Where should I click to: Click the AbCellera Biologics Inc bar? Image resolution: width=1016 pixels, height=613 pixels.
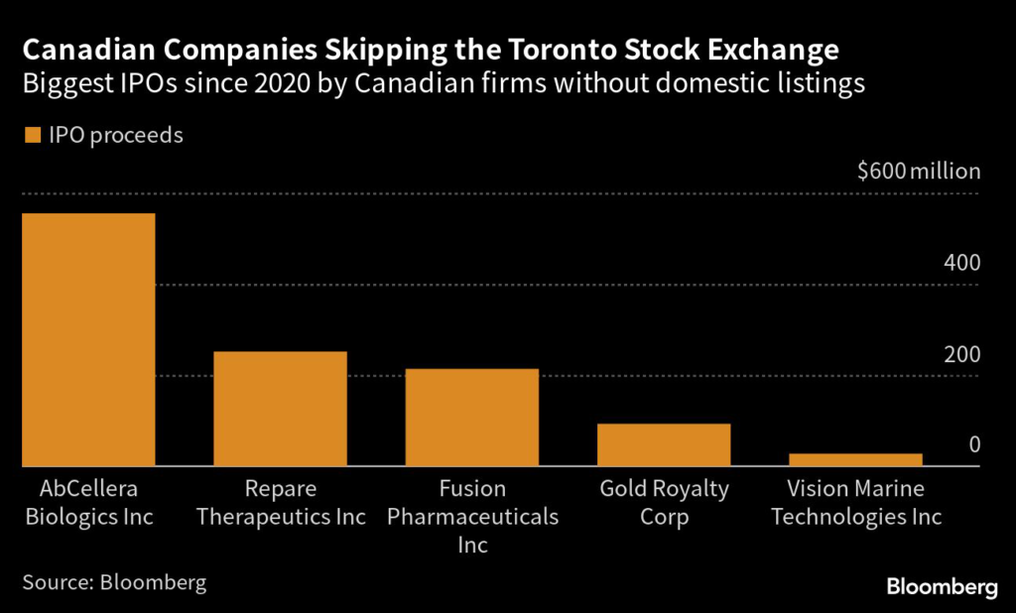point(88,339)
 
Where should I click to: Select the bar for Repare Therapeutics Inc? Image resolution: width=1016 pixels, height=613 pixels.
point(280,409)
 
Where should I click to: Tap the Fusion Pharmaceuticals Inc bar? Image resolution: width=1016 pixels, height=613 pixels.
point(472,417)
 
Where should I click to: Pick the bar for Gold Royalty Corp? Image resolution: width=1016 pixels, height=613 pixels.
point(664,444)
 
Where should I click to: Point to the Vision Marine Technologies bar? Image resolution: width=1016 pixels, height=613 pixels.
point(855,459)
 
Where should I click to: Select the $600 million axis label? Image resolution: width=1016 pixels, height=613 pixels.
point(918,171)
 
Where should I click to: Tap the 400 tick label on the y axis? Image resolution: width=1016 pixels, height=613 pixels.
point(961,263)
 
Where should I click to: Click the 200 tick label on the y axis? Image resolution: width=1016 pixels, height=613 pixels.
point(961,354)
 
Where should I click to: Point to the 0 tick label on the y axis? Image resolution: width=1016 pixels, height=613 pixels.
point(974,444)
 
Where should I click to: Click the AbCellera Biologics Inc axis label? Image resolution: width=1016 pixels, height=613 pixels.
point(88,503)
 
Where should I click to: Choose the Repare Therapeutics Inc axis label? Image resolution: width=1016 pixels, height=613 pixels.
point(280,503)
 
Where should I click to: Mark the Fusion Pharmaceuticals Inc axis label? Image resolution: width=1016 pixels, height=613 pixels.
point(472,517)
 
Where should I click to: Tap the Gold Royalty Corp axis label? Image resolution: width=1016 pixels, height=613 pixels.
point(664,503)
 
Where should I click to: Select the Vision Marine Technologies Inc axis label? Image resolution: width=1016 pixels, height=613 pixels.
point(855,503)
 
